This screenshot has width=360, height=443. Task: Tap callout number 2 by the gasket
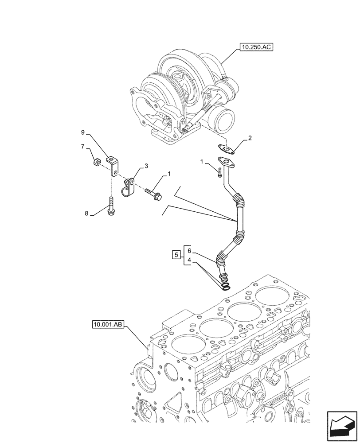tap(250, 138)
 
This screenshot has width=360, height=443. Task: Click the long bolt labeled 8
tap(110, 206)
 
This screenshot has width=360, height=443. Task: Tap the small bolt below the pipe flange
tap(219, 172)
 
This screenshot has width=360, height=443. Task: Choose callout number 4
tap(189, 261)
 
